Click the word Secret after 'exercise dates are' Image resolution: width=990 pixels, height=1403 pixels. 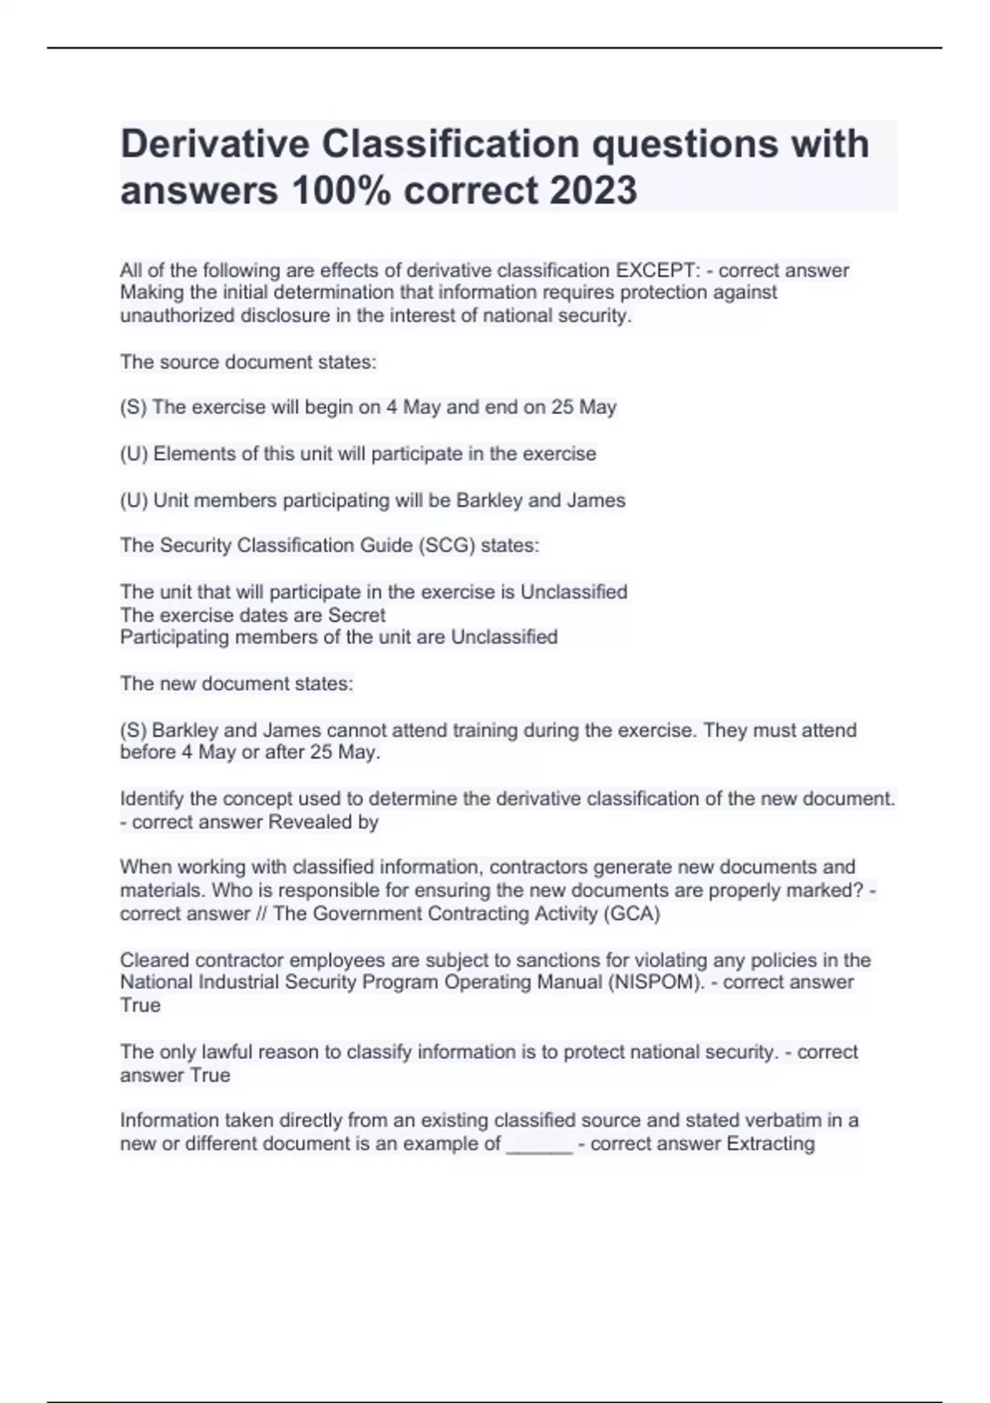356,615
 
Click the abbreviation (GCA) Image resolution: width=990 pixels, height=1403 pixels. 633,914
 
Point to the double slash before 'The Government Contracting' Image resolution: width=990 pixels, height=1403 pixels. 262,914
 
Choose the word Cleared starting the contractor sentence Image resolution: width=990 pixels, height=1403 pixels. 154,960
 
